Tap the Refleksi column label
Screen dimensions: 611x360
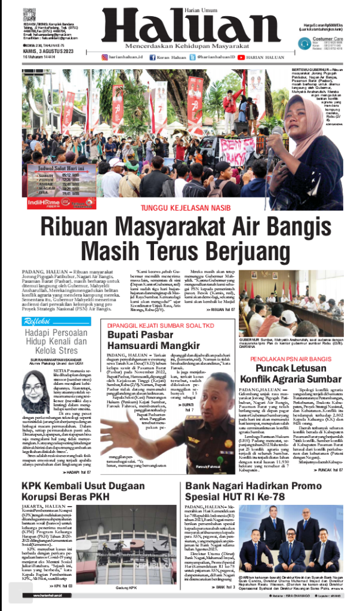(37, 322)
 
